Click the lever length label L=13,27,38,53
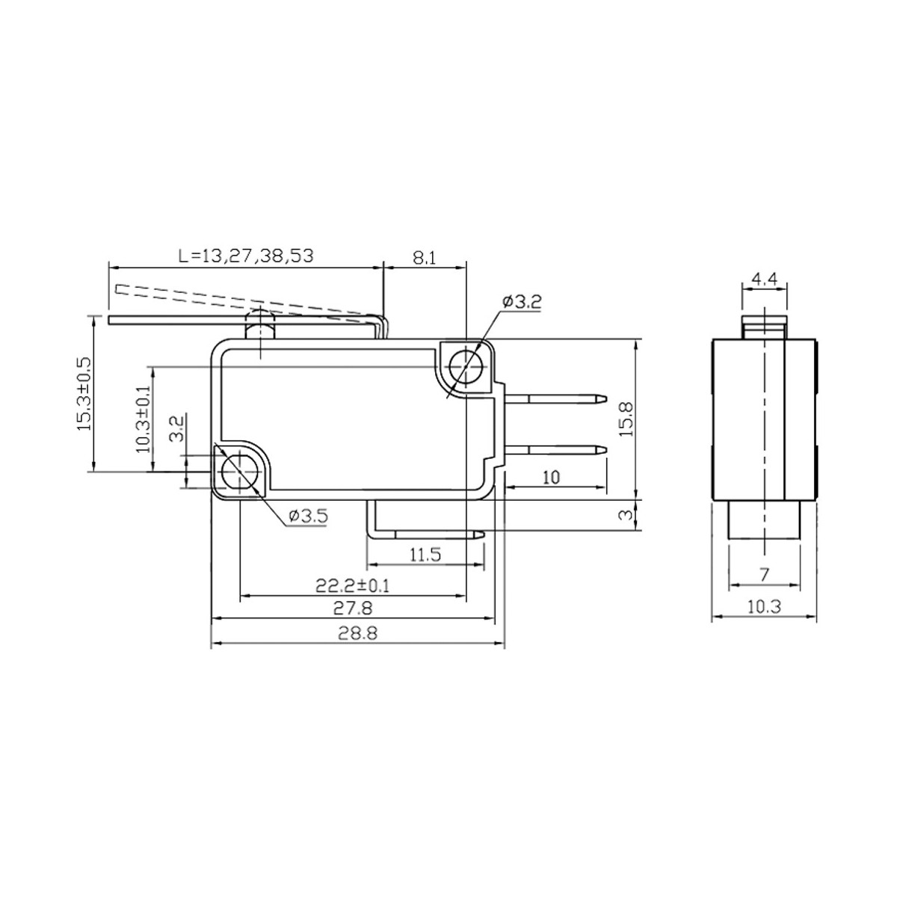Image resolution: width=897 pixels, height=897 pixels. click(x=246, y=256)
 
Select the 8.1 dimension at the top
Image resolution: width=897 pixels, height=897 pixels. click(x=423, y=257)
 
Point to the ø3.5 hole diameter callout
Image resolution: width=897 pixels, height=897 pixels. click(x=307, y=515)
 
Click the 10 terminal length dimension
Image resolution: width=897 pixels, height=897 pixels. click(x=551, y=478)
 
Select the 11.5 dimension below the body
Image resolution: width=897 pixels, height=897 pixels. click(x=425, y=554)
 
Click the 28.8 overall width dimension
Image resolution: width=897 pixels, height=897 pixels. click(x=357, y=633)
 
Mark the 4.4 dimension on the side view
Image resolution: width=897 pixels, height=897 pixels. click(x=764, y=279)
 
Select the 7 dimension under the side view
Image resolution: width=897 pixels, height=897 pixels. click(x=764, y=574)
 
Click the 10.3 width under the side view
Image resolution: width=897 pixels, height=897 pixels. click(x=764, y=607)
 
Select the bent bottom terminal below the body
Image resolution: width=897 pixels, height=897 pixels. click(x=426, y=534)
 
